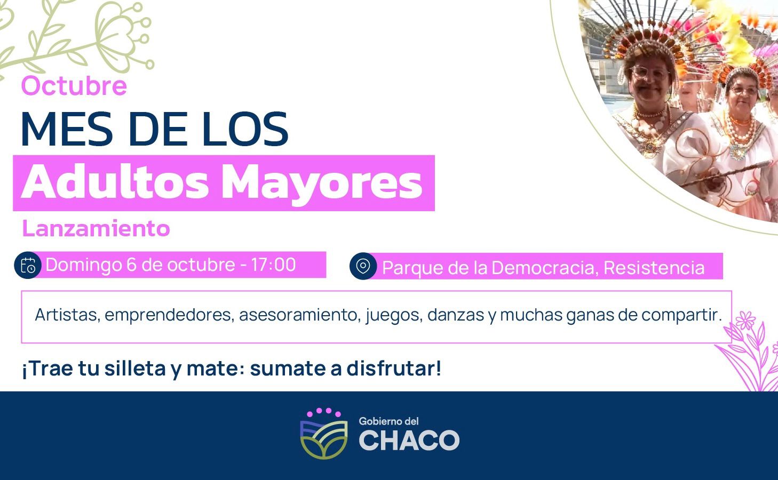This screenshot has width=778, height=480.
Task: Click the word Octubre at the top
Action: pos(74,86)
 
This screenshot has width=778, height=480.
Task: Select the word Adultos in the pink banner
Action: pos(115,183)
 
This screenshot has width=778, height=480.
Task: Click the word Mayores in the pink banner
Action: pos(322,183)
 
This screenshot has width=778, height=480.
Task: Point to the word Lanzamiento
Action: pos(96,228)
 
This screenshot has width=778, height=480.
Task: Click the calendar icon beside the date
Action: pos(28,265)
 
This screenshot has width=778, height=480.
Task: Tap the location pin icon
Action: pos(363,266)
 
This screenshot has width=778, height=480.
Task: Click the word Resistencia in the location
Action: pos(654,267)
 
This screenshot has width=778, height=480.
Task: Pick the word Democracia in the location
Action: pos(544,267)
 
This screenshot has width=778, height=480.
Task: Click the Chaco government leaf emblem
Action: pos(323,436)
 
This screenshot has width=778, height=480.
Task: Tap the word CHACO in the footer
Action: pos(409,441)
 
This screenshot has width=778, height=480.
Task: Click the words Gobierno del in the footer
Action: pos(388,421)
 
